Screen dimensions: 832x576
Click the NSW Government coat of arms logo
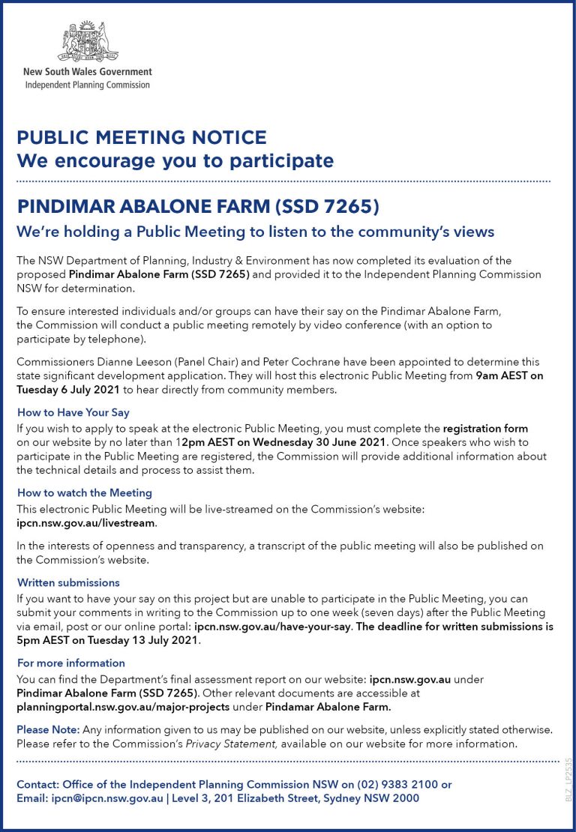coord(88,42)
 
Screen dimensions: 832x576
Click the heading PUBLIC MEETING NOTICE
coord(142,138)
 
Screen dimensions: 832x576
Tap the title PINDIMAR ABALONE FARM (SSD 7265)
coord(198,206)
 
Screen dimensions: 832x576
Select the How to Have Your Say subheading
coord(73,413)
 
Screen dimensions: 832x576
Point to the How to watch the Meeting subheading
coord(85,492)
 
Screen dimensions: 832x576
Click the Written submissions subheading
coord(68,582)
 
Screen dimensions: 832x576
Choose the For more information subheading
coord(71,663)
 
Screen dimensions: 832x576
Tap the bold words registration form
coord(485,429)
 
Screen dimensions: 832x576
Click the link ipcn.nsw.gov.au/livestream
coord(85,522)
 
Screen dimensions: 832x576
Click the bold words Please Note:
coord(48,729)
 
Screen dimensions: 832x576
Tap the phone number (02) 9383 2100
coord(395,784)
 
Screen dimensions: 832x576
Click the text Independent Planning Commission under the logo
coord(87,85)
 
